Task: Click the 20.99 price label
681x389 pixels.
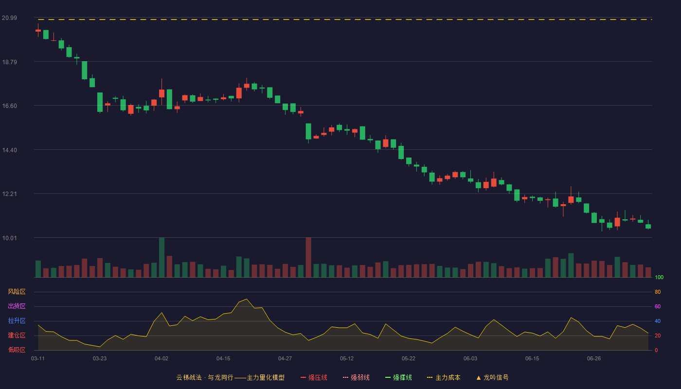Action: coord(9,18)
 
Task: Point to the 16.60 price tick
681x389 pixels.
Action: coord(9,106)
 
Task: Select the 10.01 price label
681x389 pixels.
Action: coord(9,238)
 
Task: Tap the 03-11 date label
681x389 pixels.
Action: coord(38,359)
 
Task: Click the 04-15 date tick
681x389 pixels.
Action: coord(223,359)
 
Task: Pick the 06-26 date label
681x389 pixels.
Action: coord(594,359)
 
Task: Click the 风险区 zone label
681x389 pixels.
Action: coord(17,292)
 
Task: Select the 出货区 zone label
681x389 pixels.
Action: coord(17,306)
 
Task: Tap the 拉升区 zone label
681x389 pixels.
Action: coord(17,320)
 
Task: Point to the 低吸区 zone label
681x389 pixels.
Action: coord(17,350)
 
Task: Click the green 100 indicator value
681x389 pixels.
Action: coord(659,277)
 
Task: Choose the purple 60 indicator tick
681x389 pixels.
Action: coord(658,306)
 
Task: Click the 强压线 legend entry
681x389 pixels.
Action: coord(314,378)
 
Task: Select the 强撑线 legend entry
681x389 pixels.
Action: coord(398,378)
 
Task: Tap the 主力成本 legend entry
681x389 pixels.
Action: coord(444,378)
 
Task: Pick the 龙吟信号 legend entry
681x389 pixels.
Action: coord(492,378)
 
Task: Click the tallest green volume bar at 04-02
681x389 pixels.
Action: coord(161,257)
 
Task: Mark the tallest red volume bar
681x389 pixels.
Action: coord(308,257)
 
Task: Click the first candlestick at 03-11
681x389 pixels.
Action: coord(38,30)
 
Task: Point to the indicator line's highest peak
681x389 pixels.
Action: coord(247,300)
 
